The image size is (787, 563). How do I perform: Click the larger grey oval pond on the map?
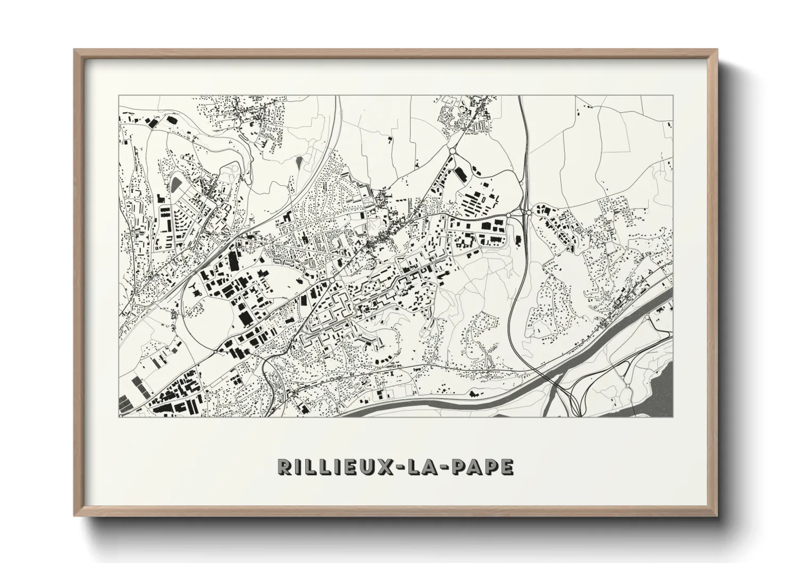(x=176, y=184)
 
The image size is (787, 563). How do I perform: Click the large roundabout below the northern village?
(x=452, y=152)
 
